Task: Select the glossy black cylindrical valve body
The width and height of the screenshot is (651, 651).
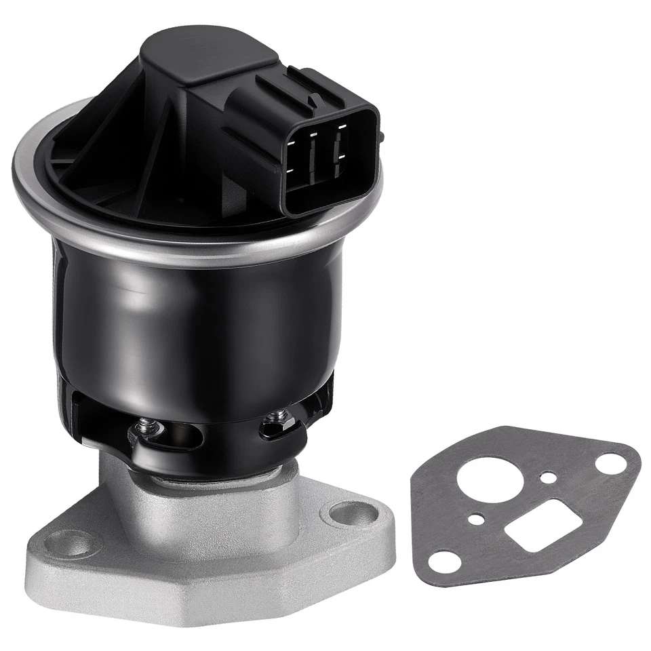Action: (203, 319)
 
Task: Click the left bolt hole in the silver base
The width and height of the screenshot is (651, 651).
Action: (73, 542)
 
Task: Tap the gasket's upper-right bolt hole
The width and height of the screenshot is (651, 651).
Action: (610, 464)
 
